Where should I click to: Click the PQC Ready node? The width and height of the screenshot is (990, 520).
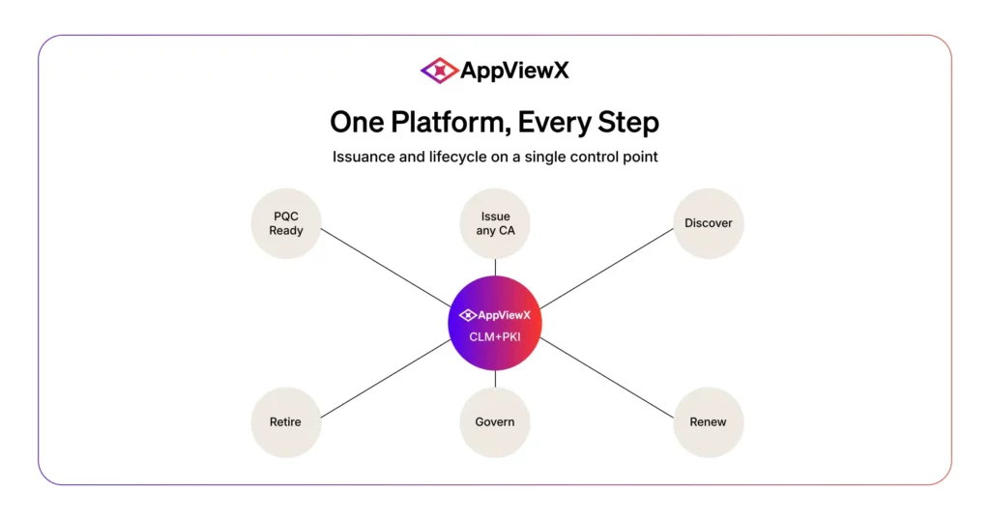coord(286,223)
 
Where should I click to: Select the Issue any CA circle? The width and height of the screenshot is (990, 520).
coord(495,223)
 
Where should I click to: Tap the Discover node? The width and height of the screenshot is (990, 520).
coord(709,223)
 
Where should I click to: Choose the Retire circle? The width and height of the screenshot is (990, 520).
coord(286,422)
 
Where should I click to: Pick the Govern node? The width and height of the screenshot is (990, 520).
coord(495,422)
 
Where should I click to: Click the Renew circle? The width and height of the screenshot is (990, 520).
coord(709,422)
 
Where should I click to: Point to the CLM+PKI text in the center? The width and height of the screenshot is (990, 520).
coord(495,337)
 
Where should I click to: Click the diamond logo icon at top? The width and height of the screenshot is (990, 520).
coord(439,70)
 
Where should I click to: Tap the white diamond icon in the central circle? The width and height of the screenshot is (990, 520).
coord(467,315)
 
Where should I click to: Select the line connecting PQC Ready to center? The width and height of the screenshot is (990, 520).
coord(386,268)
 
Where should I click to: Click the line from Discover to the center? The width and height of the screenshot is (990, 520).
coord(607,268)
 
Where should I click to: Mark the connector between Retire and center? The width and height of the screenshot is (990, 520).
coord(386,379)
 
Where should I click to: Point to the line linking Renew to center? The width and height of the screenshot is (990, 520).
coord(607,378)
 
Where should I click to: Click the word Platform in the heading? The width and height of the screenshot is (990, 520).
coord(451,122)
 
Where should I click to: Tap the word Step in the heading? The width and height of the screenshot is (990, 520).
coord(628,123)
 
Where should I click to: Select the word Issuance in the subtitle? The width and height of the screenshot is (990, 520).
coord(364,157)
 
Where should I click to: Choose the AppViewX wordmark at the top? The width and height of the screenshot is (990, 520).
coord(514,71)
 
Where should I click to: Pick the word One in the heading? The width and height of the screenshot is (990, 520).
coord(357,122)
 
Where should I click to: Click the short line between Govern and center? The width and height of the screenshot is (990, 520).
coord(495,378)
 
